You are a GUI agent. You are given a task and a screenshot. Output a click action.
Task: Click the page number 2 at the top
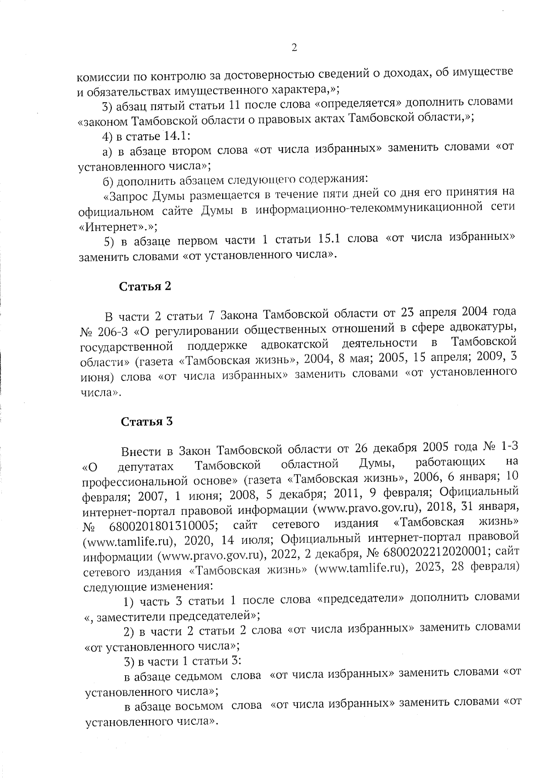click(294, 48)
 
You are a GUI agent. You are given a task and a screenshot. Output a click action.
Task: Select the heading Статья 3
click(147, 422)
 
